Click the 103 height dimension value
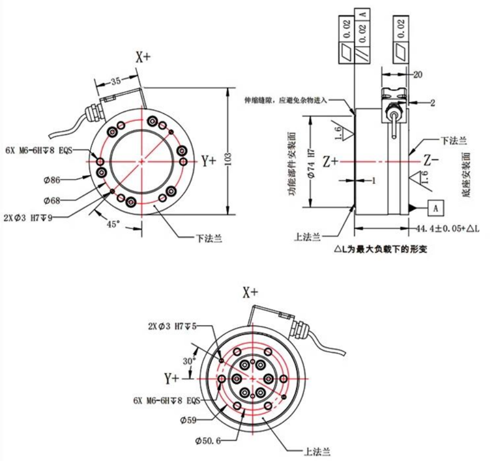click(229, 159)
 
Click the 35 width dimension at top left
click(116, 80)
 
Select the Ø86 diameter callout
click(52, 180)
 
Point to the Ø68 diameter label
click(52, 201)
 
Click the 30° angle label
click(190, 361)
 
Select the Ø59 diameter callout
click(188, 420)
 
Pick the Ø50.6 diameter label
click(208, 440)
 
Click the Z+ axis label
click(330, 161)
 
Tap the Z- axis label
click(431, 161)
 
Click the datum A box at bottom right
click(436, 208)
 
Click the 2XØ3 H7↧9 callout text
click(28, 218)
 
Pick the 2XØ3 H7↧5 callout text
click(172, 326)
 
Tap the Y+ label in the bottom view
click(172, 378)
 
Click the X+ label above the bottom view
click(251, 293)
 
